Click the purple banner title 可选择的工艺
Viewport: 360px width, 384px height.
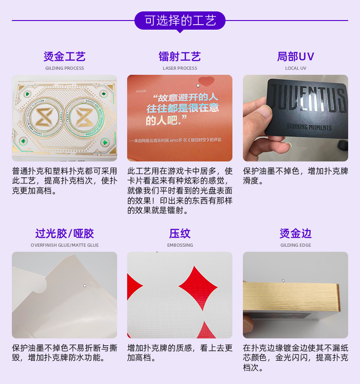click(180, 21)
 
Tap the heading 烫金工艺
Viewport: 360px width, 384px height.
click(64, 57)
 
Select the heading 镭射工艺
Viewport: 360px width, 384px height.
click(180, 57)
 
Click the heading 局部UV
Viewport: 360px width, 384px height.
click(295, 57)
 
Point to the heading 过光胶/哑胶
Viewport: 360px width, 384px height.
click(64, 234)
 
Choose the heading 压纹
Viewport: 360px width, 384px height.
click(180, 234)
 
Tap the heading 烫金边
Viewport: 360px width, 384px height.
click(295, 234)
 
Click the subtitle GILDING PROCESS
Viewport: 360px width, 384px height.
click(64, 68)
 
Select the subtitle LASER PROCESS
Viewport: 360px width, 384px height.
click(180, 68)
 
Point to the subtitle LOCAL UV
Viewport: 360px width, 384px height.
click(295, 68)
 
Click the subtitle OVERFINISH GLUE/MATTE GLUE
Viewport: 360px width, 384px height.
click(64, 245)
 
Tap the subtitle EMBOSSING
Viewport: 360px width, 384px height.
click(180, 245)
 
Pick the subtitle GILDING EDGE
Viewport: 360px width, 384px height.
click(295, 245)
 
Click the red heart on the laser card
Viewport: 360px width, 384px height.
click(206, 82)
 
